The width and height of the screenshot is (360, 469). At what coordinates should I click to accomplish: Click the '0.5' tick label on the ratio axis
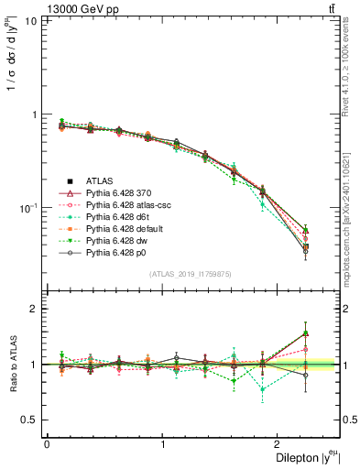[x=28, y=420]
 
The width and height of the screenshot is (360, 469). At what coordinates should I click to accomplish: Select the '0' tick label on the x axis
[x=47, y=443]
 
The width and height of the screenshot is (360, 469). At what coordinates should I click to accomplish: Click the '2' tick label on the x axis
[x=279, y=443]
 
